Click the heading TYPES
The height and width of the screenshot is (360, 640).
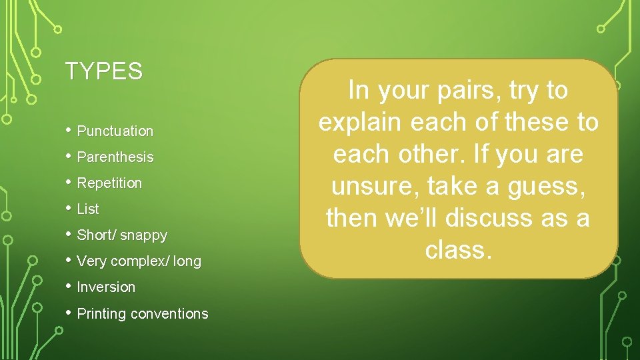click(x=104, y=71)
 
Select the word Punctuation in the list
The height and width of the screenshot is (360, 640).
click(x=115, y=131)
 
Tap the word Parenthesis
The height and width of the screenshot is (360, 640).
click(x=115, y=157)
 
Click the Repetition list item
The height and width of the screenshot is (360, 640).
click(x=109, y=183)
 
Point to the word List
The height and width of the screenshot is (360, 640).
click(x=88, y=209)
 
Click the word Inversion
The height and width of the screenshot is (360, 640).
click(x=106, y=287)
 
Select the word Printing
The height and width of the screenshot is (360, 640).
click(x=101, y=314)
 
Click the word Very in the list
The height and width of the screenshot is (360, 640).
click(x=91, y=261)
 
